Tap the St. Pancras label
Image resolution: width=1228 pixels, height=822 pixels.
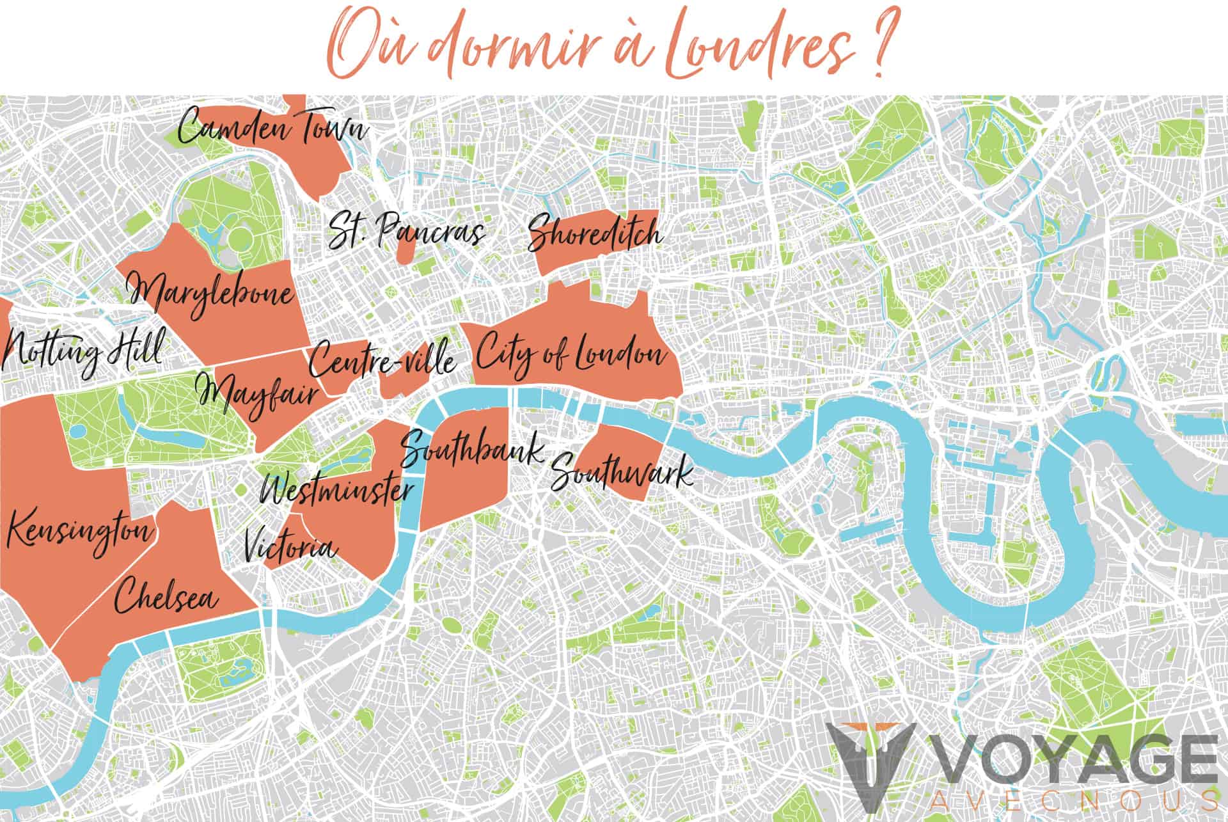click(405, 232)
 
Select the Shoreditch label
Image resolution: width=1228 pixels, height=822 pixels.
click(595, 234)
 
